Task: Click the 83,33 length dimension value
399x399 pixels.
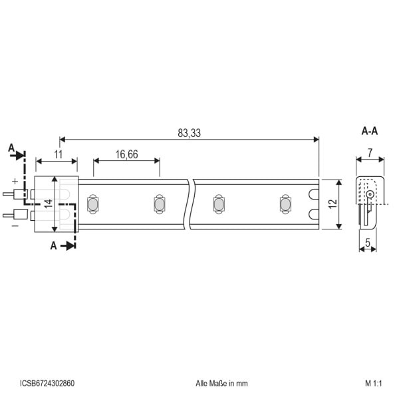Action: coord(189,133)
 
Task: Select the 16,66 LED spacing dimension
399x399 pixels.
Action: coord(127,154)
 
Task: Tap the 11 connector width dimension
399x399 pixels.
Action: coord(59,154)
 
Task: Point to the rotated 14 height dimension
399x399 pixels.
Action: coord(49,203)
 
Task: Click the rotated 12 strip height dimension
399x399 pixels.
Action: coord(333,204)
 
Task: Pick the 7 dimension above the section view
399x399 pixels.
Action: coord(370,153)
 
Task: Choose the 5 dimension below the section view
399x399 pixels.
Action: coord(368,243)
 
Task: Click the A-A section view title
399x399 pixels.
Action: coord(370,131)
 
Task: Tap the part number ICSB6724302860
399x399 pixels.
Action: coord(47,383)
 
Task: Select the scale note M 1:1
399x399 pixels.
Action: coord(374,383)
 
